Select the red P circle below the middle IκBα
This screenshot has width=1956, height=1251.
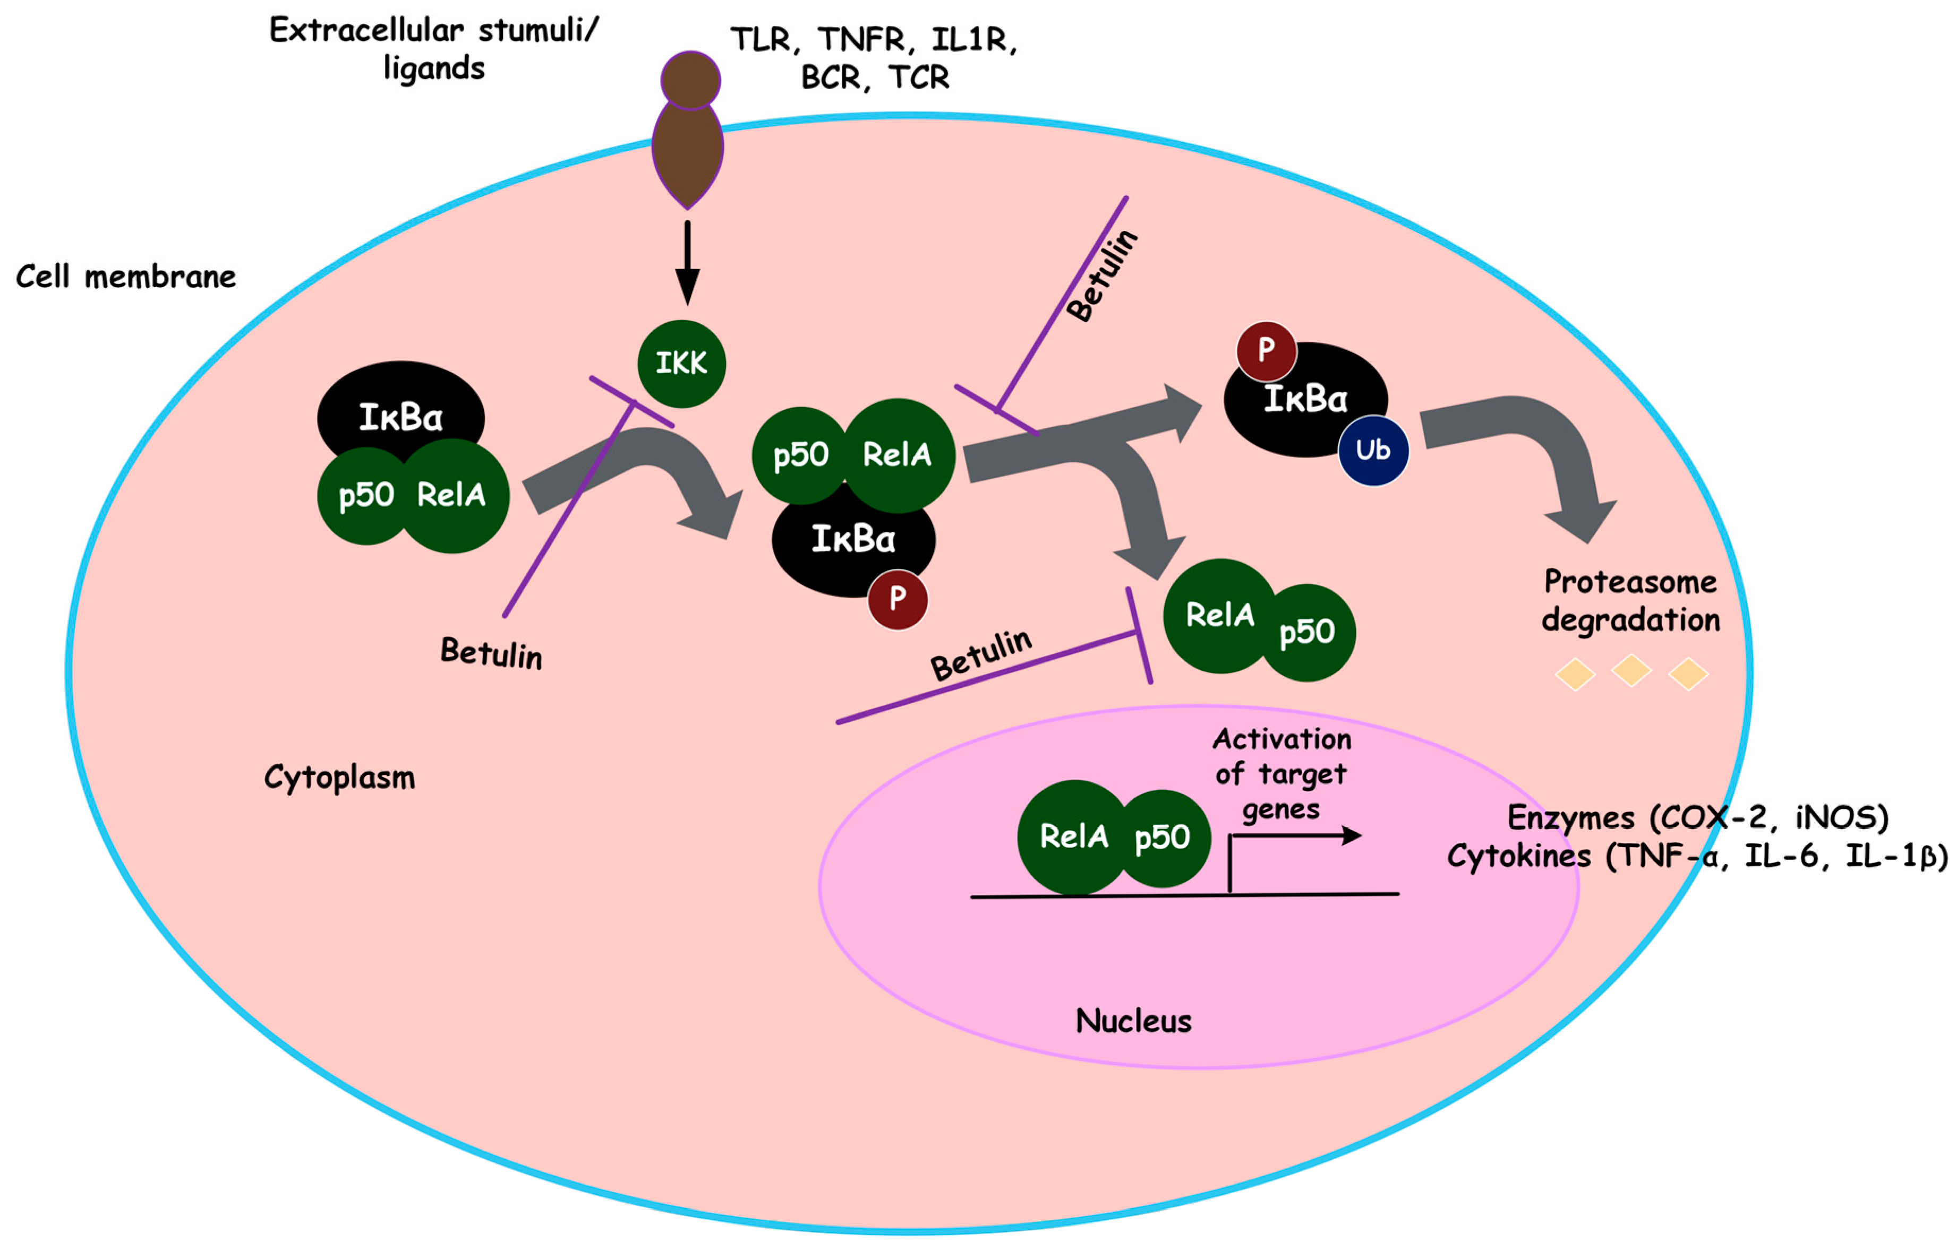pyautogui.click(x=897, y=600)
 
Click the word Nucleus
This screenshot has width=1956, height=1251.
pyautogui.click(x=1133, y=1021)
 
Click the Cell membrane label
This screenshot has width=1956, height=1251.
pyautogui.click(x=126, y=277)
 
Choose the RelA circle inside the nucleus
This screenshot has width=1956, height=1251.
pyautogui.click(x=1073, y=836)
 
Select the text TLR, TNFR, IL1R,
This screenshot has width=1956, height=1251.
pyautogui.click(x=874, y=39)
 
